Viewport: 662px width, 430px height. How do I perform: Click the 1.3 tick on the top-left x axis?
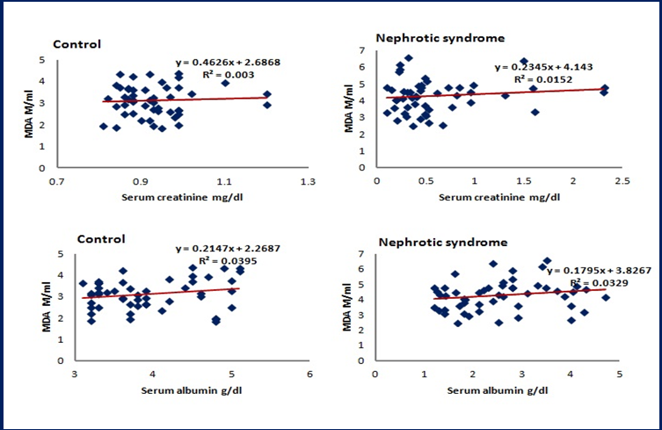tap(308, 183)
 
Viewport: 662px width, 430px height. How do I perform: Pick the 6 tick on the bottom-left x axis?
tap(310, 375)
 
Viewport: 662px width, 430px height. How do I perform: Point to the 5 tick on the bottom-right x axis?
tap(620, 375)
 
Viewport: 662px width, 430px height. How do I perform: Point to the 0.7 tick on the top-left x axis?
tap(56, 183)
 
